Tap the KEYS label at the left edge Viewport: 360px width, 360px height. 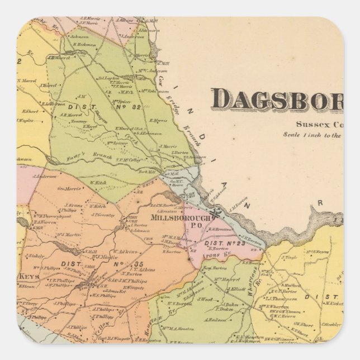pyautogui.click(x=27, y=276)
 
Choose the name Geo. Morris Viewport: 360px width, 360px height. pyautogui.click(x=72, y=189)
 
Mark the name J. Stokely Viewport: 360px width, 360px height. pyautogui.click(x=36, y=256)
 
